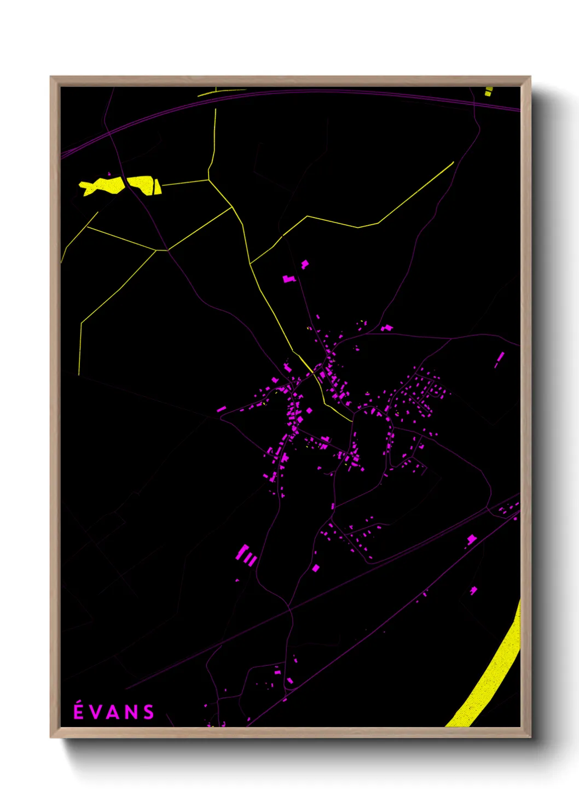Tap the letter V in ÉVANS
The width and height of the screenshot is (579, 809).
point(95,712)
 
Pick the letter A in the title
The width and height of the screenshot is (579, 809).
point(113,712)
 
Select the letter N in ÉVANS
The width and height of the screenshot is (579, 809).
point(131,712)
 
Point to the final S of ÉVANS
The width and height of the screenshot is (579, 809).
point(148,712)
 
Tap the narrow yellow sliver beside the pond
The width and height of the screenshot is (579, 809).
point(157,187)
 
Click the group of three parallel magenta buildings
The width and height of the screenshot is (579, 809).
point(246,555)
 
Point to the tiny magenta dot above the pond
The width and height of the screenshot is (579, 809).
point(109,174)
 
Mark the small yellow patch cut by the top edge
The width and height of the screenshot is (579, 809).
point(488,91)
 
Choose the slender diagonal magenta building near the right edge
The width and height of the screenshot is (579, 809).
point(499,359)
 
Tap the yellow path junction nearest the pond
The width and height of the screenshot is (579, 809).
point(209,179)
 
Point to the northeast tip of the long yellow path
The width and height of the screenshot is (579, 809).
point(453,162)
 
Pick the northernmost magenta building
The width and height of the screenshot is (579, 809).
point(304,265)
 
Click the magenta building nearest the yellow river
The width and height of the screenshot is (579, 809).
point(473,590)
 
